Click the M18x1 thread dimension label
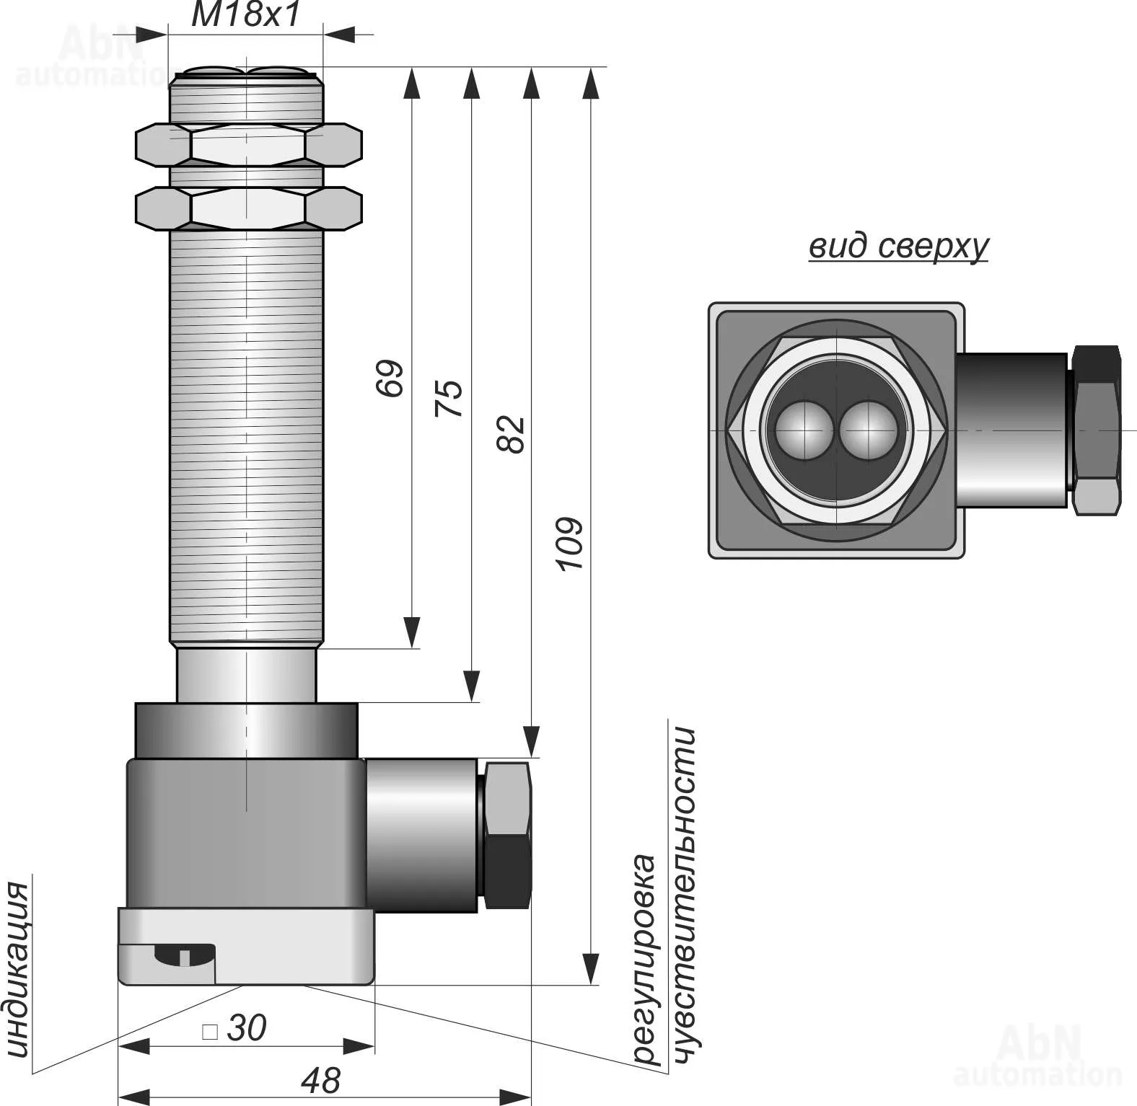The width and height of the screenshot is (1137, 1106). (x=245, y=15)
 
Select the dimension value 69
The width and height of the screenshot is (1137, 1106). (x=390, y=378)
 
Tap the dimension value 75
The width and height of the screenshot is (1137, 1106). (x=449, y=398)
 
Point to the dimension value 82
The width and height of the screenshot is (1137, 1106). (x=512, y=434)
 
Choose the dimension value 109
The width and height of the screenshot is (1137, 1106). (x=570, y=544)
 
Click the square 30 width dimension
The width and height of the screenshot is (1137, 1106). (x=236, y=1028)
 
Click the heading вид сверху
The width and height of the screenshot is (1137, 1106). (x=898, y=247)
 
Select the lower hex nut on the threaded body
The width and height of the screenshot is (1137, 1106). (x=248, y=208)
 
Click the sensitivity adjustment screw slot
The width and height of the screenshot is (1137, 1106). (x=184, y=955)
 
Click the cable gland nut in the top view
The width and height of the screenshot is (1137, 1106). (x=1096, y=430)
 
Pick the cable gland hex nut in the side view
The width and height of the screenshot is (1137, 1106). (x=508, y=835)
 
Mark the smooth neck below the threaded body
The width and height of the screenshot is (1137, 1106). (x=247, y=675)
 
